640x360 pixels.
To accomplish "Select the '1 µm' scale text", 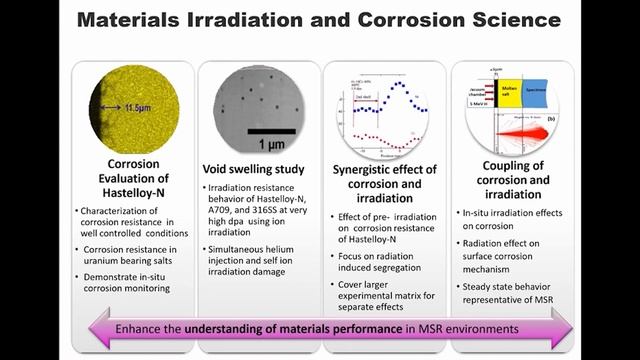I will click(x=268, y=143).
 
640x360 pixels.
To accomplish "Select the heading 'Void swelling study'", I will click(x=255, y=169).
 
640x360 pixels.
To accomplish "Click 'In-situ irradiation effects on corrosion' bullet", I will click(x=510, y=218).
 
